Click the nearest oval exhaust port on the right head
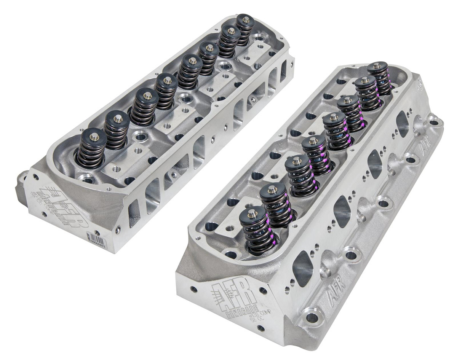[x=303, y=269]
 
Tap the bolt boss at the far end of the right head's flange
[x=434, y=122]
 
